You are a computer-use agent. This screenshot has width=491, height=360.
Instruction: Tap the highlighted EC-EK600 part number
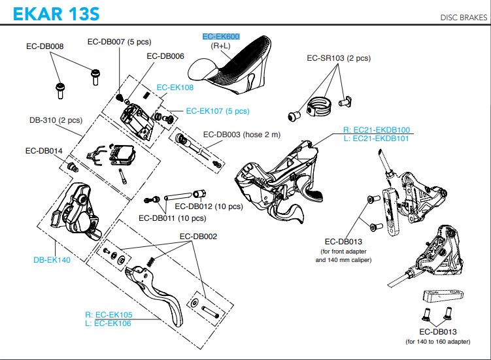click(x=221, y=38)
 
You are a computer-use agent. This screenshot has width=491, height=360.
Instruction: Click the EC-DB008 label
click(x=45, y=46)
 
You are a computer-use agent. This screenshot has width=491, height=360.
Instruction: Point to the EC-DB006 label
click(x=165, y=56)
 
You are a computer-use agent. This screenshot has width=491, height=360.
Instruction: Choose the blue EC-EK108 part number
click(x=175, y=86)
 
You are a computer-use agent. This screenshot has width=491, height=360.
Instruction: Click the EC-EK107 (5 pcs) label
click(x=217, y=111)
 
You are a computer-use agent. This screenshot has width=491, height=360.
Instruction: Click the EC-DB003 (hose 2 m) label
click(x=241, y=135)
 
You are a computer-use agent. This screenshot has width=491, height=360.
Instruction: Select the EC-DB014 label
click(x=44, y=150)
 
